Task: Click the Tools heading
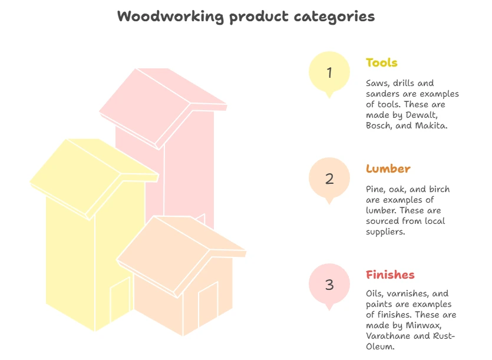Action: (x=382, y=62)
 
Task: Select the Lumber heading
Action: (x=388, y=169)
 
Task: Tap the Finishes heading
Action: (x=390, y=275)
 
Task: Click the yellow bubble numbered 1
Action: (x=329, y=74)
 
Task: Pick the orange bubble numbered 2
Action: (x=329, y=180)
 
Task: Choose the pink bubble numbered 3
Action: (x=329, y=286)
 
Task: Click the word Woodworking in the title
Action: (x=170, y=17)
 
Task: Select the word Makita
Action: (x=431, y=125)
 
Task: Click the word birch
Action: (x=440, y=189)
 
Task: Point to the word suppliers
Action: (x=385, y=232)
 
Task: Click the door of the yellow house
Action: (x=120, y=299)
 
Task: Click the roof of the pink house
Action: (x=163, y=107)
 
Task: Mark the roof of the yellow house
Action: (x=94, y=177)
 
